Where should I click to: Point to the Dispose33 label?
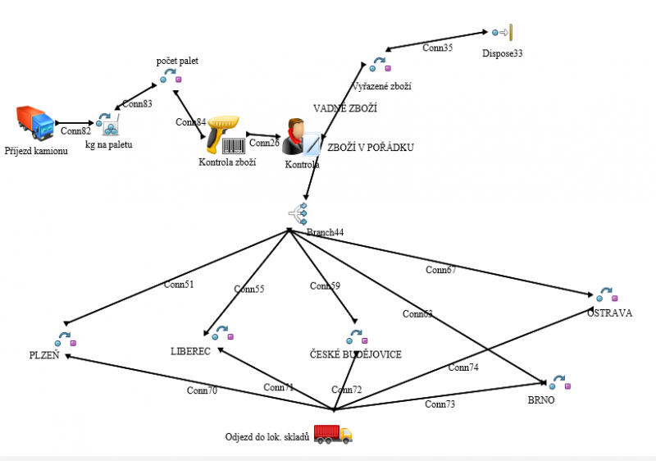tap(503, 53)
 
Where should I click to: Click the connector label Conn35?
tap(437, 48)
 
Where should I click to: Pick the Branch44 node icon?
tap(298, 213)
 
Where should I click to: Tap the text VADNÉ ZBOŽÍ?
tap(345, 108)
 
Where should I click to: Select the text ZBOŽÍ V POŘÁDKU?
tap(371, 148)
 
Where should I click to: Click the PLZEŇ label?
tap(43, 355)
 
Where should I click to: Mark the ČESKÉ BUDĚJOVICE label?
tap(356, 354)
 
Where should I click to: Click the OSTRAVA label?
tap(609, 313)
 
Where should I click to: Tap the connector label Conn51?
tap(178, 285)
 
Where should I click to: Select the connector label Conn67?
tap(441, 270)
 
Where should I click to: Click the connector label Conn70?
tap(202, 391)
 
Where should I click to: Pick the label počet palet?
tap(177, 61)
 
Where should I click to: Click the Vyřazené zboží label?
tap(381, 86)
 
